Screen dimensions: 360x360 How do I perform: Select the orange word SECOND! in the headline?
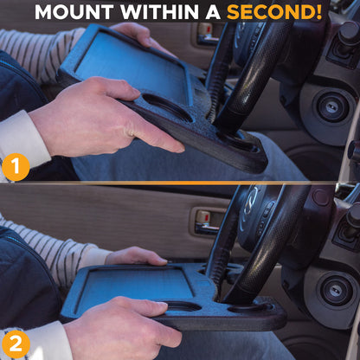(x=276, y=12)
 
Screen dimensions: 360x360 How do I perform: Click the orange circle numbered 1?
(x=15, y=166)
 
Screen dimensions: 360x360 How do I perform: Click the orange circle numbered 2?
(x=15, y=344)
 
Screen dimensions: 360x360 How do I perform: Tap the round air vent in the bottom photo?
(x=334, y=290)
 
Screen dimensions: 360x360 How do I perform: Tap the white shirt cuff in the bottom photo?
(x=26, y=342)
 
